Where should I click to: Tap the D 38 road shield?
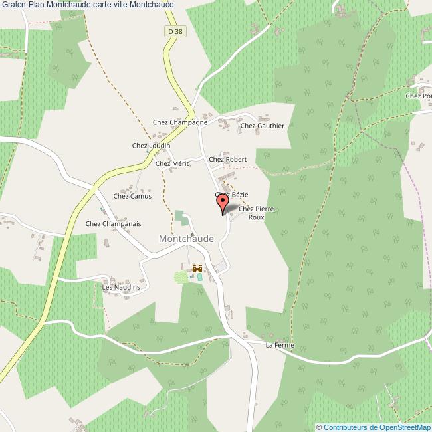(x=175, y=31)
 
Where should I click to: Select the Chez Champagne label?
(x=180, y=122)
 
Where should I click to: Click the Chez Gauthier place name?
(x=263, y=126)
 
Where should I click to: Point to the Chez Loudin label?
(x=152, y=146)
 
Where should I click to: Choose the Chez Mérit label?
(x=171, y=163)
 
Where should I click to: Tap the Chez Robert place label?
(x=227, y=160)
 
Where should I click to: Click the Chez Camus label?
(x=132, y=196)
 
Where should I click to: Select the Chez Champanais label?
(x=113, y=224)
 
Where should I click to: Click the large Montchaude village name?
(x=186, y=239)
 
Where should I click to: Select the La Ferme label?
(x=279, y=346)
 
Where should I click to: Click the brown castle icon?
(x=197, y=268)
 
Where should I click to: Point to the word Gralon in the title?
(x=13, y=5)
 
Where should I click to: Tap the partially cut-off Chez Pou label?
(x=419, y=96)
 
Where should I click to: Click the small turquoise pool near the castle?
(x=199, y=277)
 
